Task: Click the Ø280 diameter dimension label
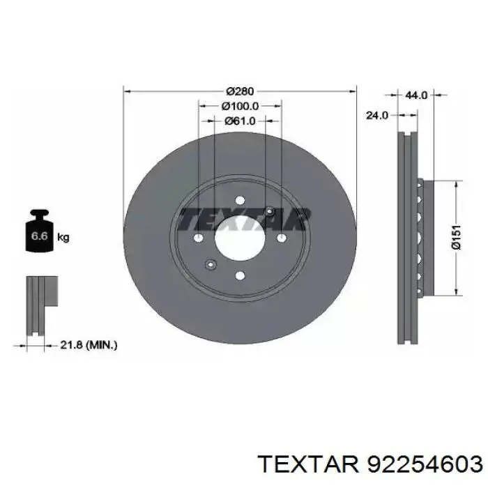point(240,91)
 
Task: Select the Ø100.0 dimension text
point(240,106)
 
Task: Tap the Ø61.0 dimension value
point(240,121)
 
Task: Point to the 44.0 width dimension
point(416,95)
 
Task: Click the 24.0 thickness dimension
point(377,115)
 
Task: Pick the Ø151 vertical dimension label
point(456,237)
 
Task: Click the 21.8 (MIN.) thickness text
point(89,344)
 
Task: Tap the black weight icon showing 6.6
point(39,231)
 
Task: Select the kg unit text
point(63,237)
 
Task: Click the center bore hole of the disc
point(240,238)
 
